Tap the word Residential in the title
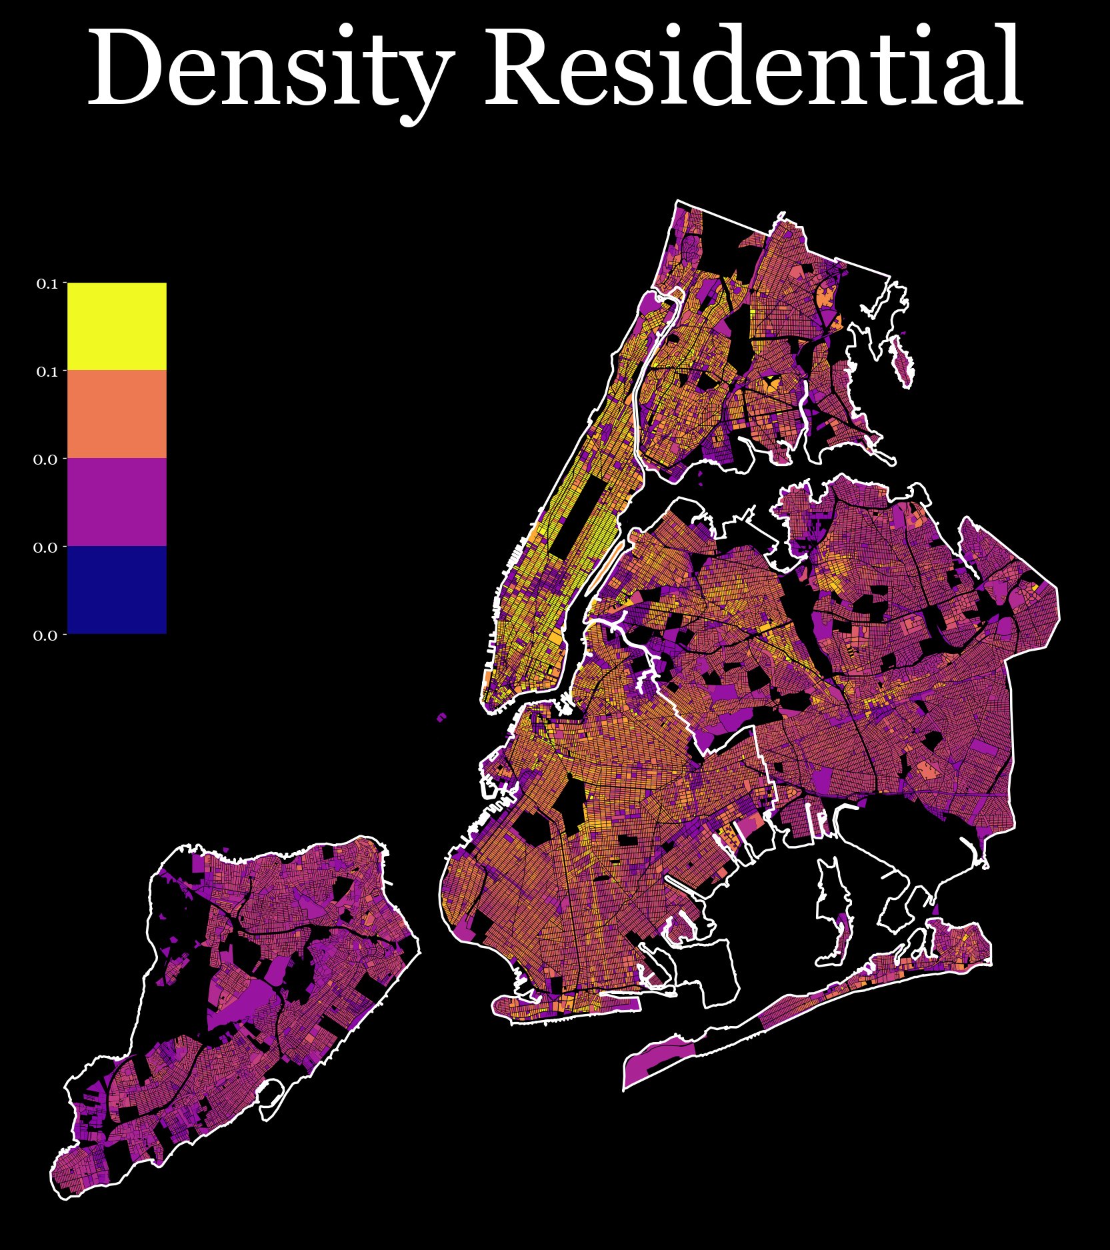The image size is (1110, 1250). coord(753,67)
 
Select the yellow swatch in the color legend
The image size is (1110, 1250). coord(117,326)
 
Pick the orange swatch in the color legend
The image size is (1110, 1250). coord(117,414)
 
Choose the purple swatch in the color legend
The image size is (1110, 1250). coord(117,502)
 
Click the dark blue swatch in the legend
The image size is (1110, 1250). coord(117,589)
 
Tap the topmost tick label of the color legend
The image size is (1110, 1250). coord(47,284)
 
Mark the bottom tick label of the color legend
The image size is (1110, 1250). coord(45,635)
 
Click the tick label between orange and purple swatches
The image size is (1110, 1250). coord(45,459)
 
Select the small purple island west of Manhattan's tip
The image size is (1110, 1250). coord(442,717)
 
